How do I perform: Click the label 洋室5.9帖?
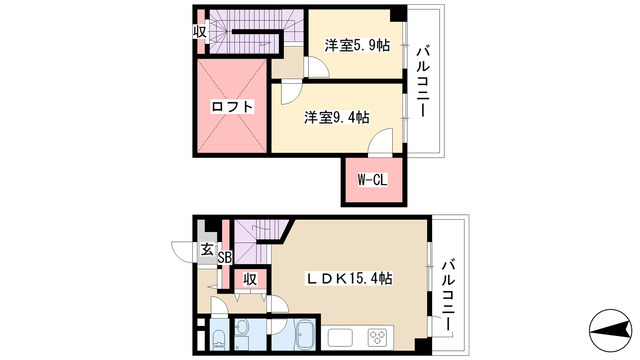(x=357, y=45)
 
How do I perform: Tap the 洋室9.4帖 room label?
(x=337, y=118)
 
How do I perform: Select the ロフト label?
(x=232, y=107)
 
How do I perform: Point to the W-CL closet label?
(x=372, y=180)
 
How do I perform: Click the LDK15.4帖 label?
(x=350, y=278)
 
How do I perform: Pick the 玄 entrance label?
(x=207, y=249)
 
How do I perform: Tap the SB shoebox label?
(x=225, y=258)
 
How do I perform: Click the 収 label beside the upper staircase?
(x=200, y=31)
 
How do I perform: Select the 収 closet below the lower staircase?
(x=250, y=280)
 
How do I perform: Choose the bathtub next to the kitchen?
(x=304, y=334)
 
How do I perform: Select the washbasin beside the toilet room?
(x=242, y=327)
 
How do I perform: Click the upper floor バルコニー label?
(x=422, y=82)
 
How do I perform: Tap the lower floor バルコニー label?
(x=448, y=295)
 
